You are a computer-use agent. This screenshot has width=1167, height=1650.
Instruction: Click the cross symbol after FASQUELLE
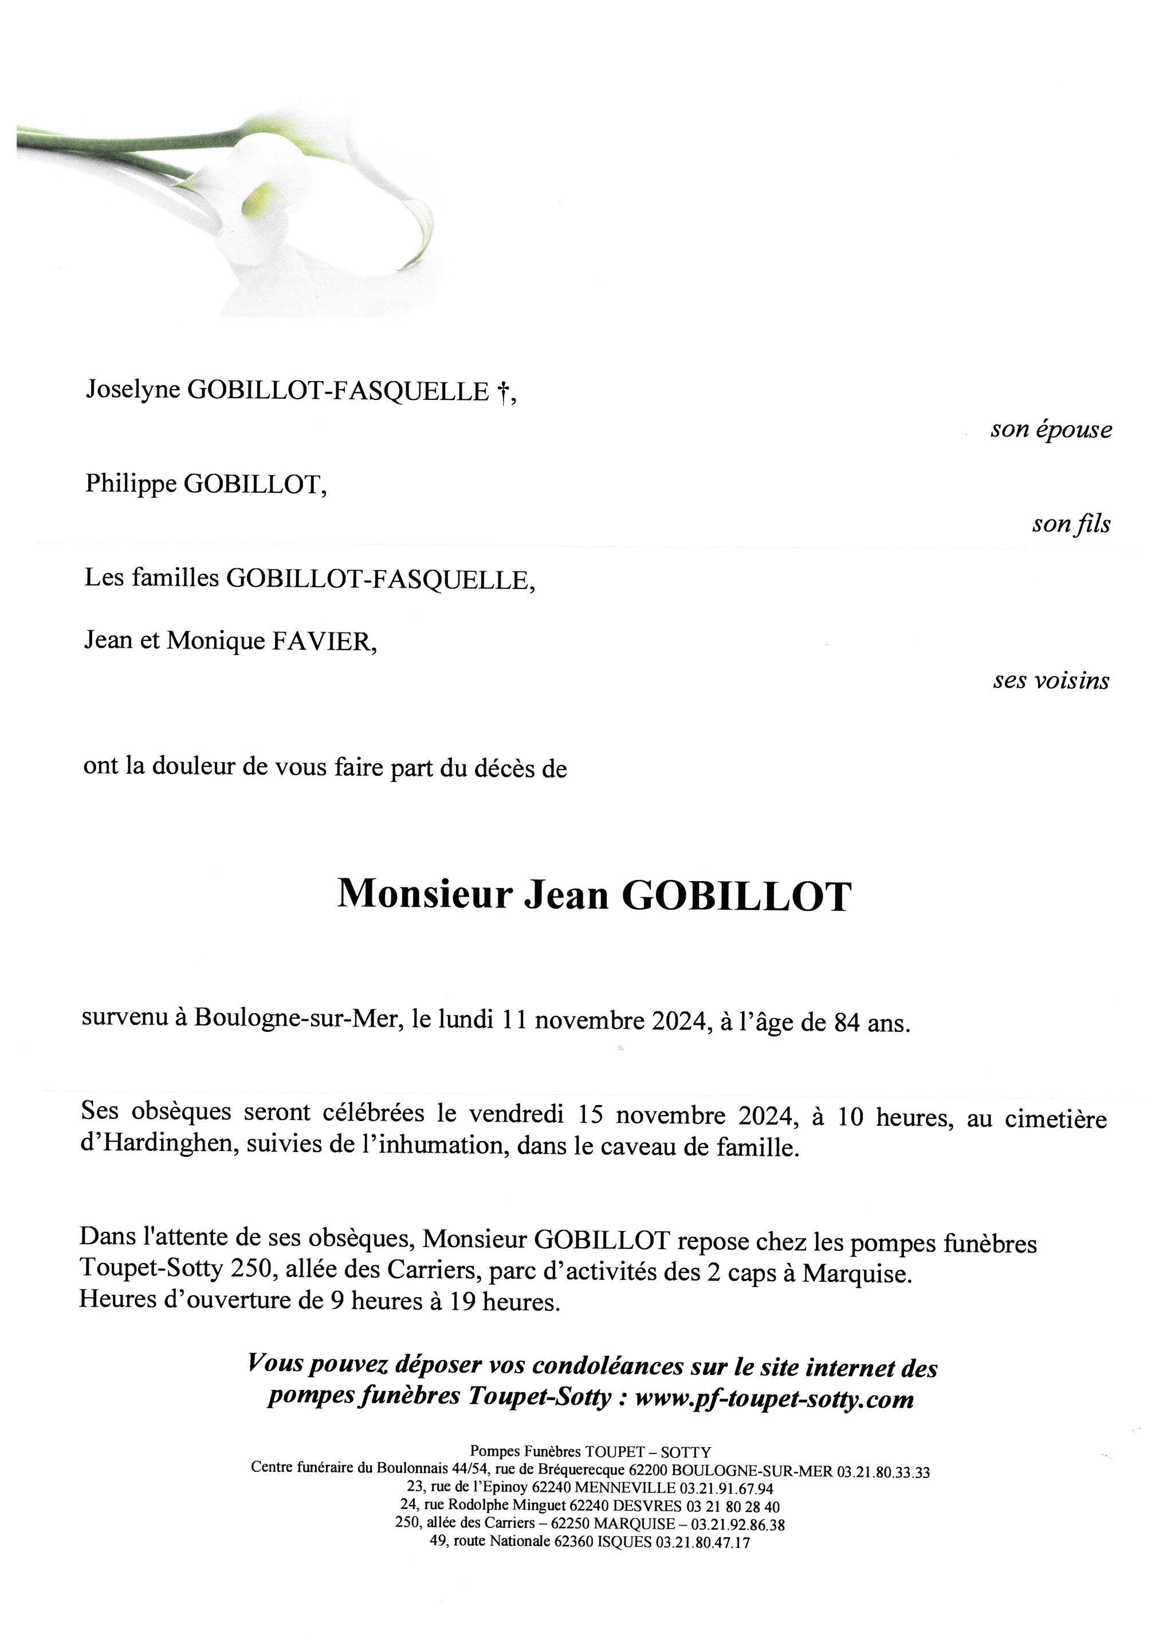coord(503,392)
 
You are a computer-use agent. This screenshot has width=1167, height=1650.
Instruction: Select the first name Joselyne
coord(133,390)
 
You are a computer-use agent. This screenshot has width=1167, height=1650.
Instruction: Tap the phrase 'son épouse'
coord(1051,430)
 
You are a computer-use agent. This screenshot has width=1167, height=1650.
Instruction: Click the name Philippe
coord(131,484)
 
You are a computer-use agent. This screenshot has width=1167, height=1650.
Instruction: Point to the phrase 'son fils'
coord(1071,524)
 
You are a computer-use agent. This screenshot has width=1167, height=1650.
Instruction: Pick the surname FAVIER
coord(323,641)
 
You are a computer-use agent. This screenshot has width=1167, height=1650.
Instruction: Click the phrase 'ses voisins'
coord(1051,681)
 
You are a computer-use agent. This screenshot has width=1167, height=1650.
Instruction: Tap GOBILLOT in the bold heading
coord(737,896)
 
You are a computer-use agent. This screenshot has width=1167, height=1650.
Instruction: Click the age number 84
coord(847,1023)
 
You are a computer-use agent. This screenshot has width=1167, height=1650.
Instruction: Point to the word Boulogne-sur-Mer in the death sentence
coord(296,1020)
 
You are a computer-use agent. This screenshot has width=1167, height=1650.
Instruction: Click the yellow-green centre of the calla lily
coord(259,199)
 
